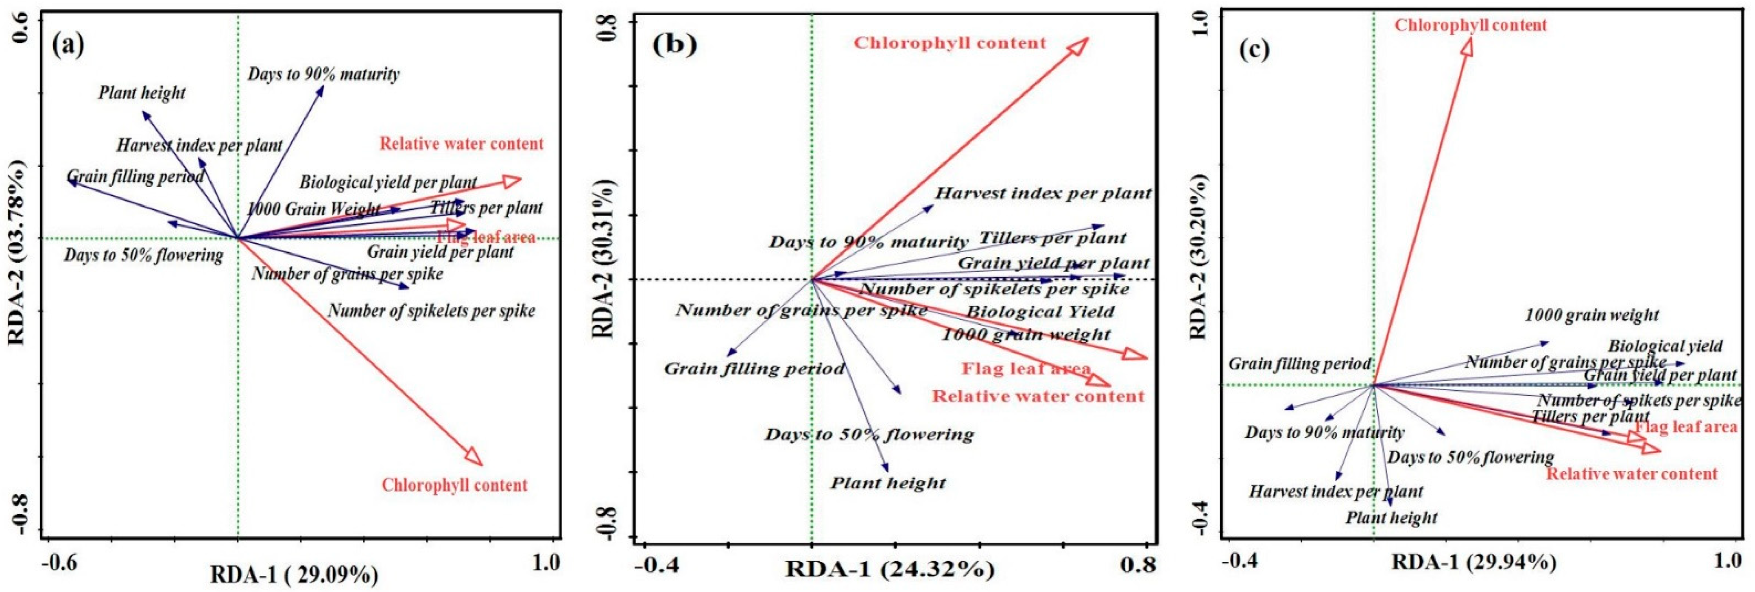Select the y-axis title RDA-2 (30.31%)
tap(603, 259)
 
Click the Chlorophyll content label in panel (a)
tap(454, 485)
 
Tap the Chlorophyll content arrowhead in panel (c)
tap(1466, 47)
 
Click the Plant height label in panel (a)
tap(142, 93)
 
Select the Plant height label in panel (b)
tap(888, 483)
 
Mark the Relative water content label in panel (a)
tap(461, 144)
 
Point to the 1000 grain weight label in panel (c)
tap(1591, 315)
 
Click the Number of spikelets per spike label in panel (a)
tap(431, 311)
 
